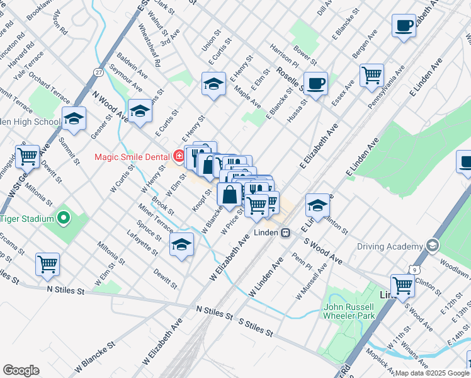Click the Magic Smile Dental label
[x=130, y=156]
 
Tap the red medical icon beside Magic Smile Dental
[x=179, y=156]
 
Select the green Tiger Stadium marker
[x=63, y=219]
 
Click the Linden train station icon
[x=286, y=232]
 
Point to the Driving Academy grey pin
[x=432, y=245]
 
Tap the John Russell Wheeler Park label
[x=349, y=311]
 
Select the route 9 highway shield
[x=414, y=270]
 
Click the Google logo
[x=21, y=370]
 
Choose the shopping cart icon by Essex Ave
[x=372, y=74]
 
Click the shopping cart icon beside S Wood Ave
[x=402, y=285]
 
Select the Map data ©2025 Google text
[x=432, y=373]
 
